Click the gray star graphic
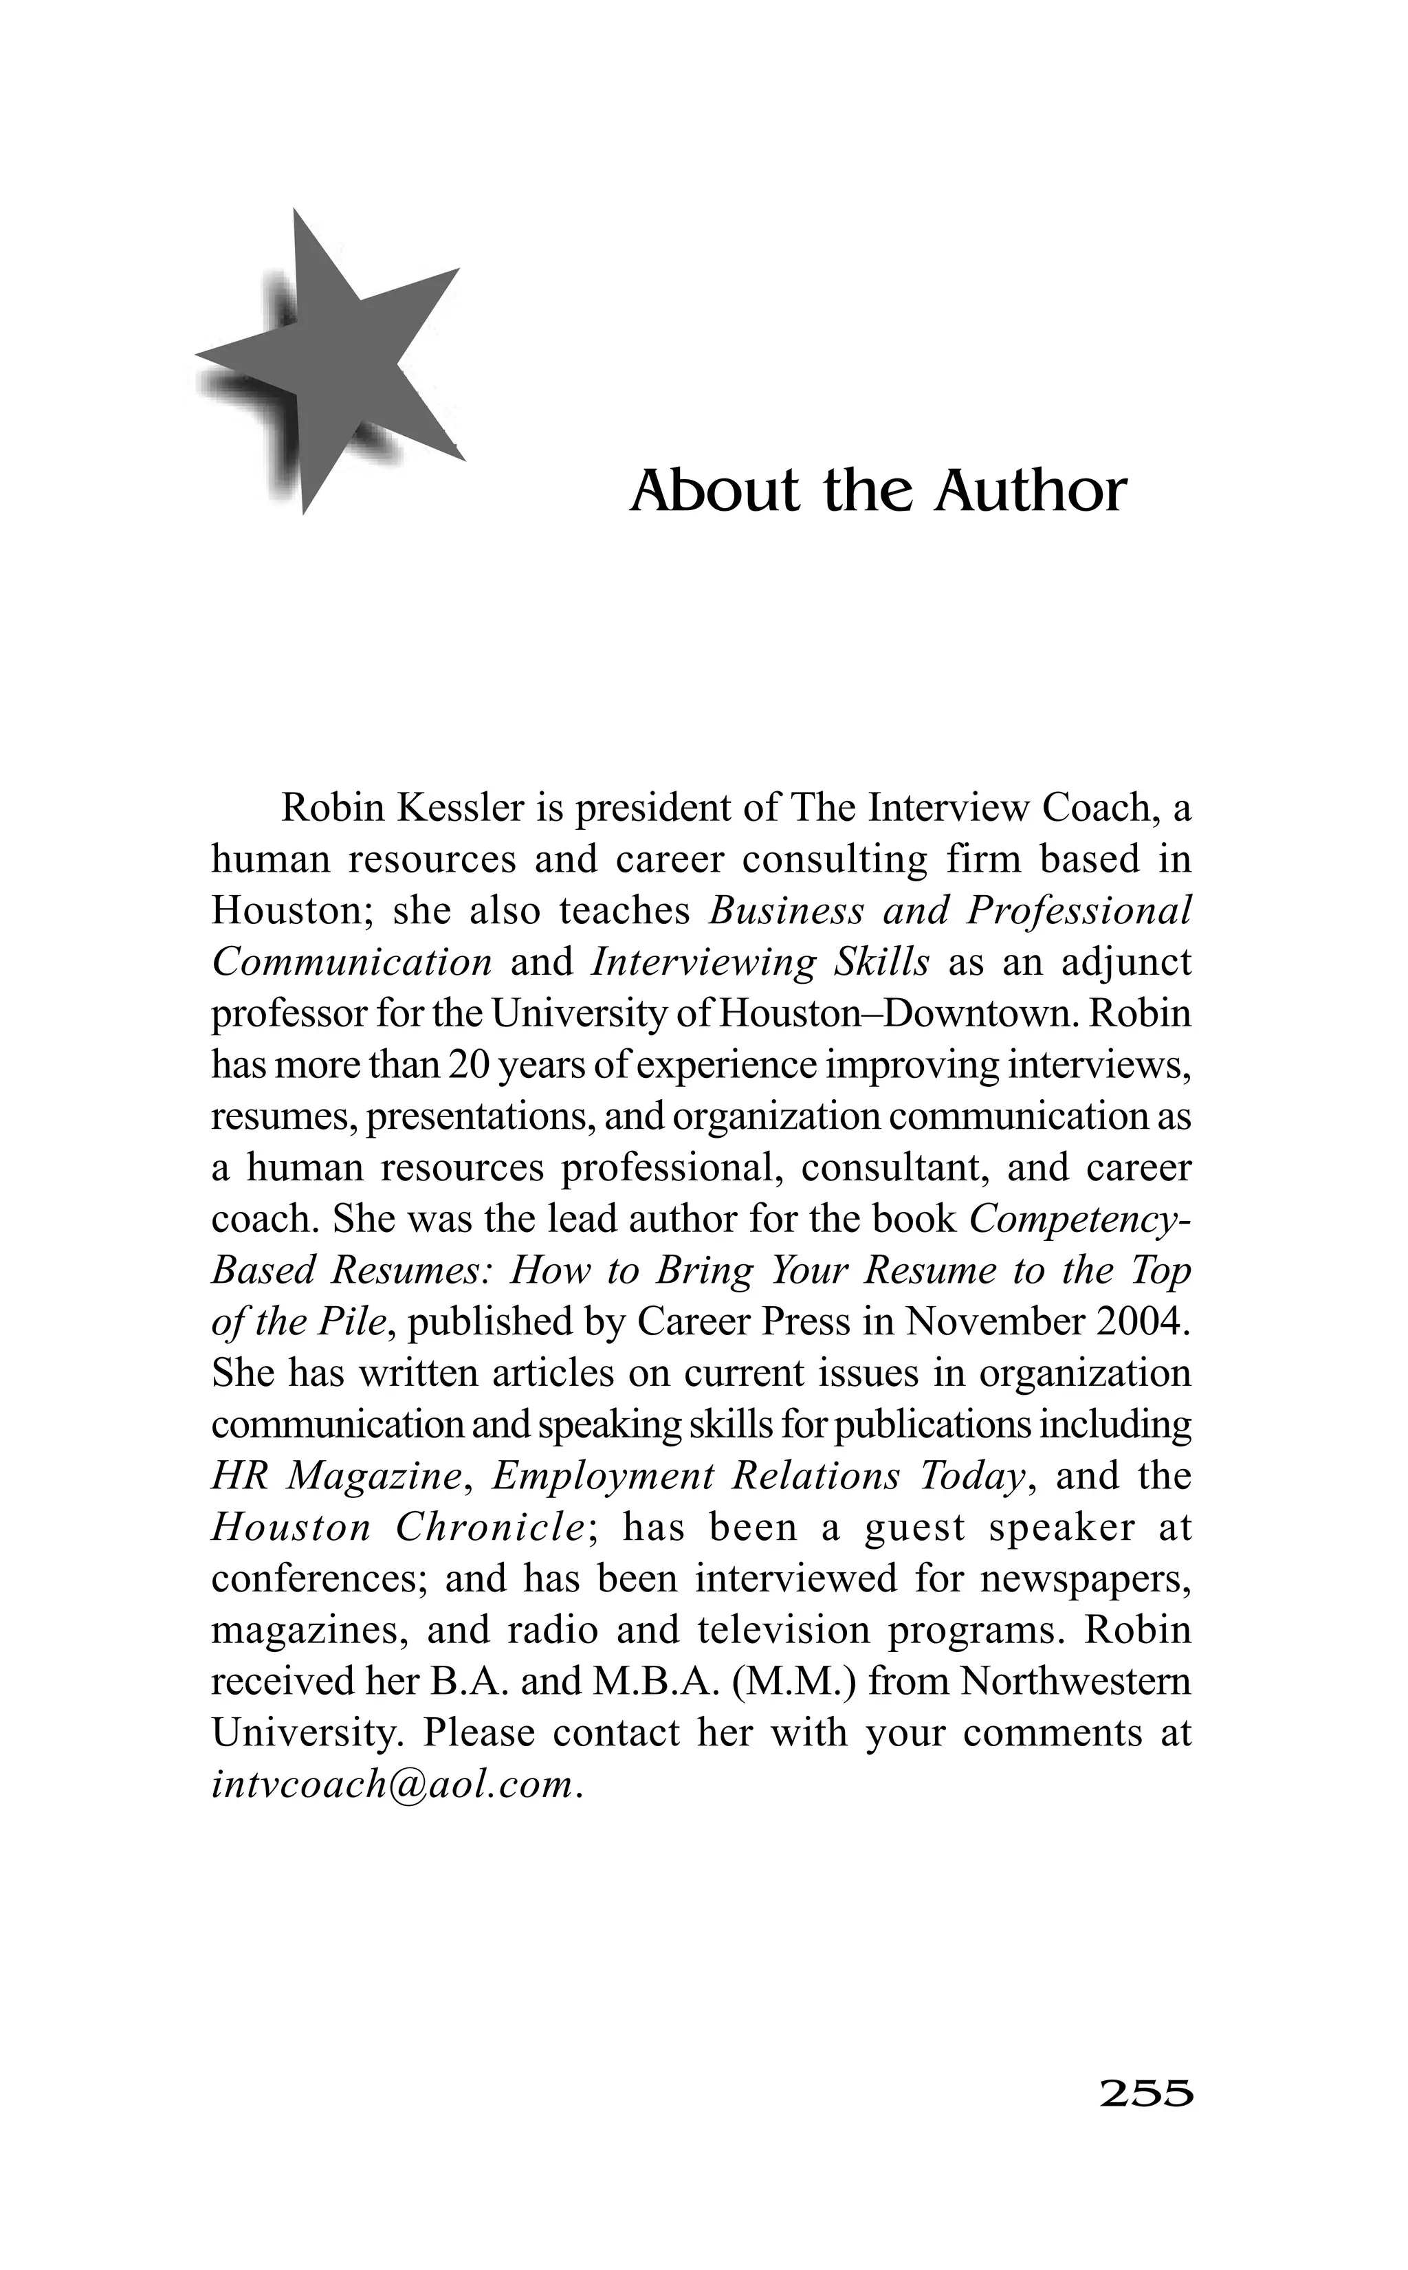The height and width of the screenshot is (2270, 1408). [335, 363]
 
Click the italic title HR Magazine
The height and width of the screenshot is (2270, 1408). [336, 1477]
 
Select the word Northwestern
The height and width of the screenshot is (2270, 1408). [1075, 1682]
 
